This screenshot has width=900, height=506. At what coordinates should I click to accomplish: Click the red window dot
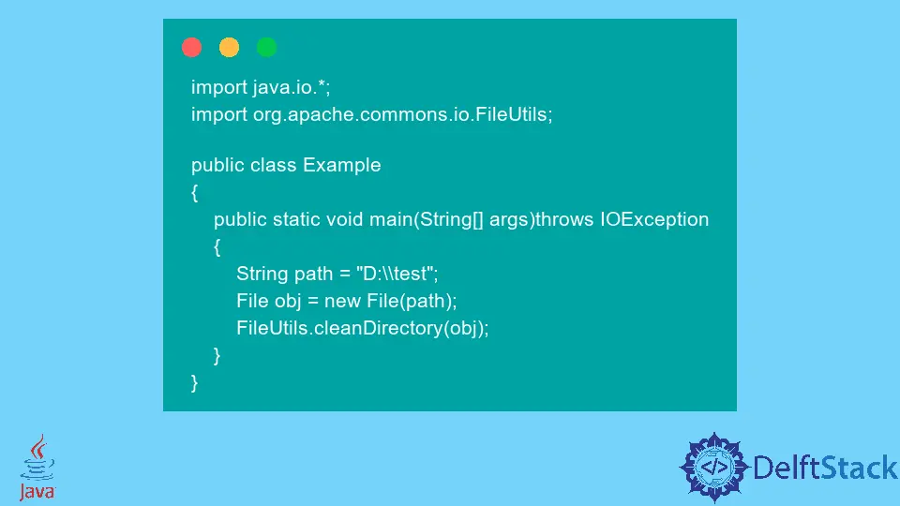[x=192, y=47]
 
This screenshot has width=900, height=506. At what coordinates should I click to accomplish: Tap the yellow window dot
[x=230, y=47]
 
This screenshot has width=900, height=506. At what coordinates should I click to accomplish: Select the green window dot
[x=267, y=47]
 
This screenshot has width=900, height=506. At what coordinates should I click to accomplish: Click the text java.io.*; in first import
[x=292, y=87]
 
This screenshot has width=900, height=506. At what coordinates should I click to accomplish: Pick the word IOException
[x=654, y=219]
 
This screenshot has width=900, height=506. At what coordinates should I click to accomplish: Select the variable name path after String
[x=313, y=274]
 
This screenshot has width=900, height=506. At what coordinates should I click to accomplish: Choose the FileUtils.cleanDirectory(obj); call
[x=363, y=328]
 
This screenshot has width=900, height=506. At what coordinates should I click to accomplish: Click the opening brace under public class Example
[x=195, y=192]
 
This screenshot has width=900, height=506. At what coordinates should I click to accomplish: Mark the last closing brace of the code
[x=195, y=382]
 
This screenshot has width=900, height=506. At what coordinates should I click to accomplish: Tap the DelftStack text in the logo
[x=818, y=467]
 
